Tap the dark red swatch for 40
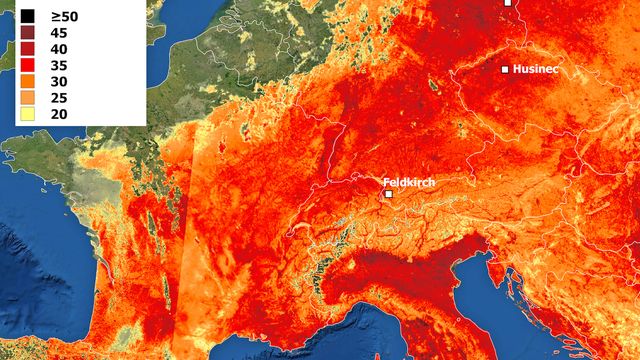coord(27,49)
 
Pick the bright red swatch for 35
coord(27,65)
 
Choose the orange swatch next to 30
coord(27,81)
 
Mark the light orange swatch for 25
coord(27,97)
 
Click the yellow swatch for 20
coord(27,113)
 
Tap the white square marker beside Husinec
coord(505,69)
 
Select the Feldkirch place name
coord(411,182)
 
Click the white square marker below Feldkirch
coord(388,194)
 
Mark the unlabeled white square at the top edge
coord(507,3)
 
